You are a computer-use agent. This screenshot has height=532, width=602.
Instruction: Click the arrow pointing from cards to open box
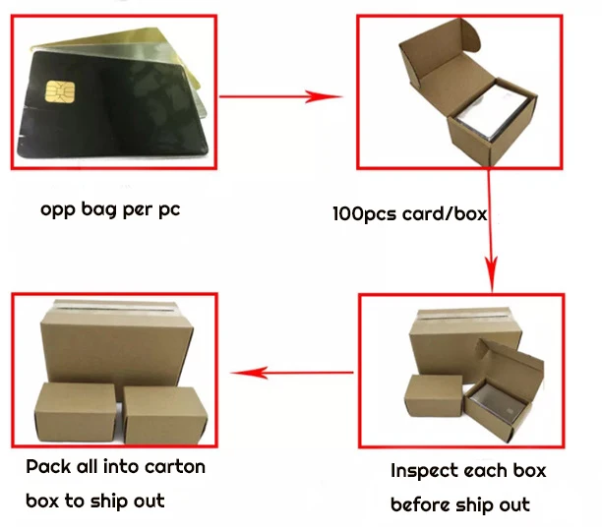pos(279,96)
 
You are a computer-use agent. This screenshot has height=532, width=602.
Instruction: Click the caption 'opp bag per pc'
pos(110,209)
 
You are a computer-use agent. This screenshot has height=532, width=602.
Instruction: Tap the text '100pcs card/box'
pos(409,213)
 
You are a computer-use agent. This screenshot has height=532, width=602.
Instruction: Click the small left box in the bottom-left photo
pos(74,412)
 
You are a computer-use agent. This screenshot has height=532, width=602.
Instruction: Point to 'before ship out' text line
pos(459,505)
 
